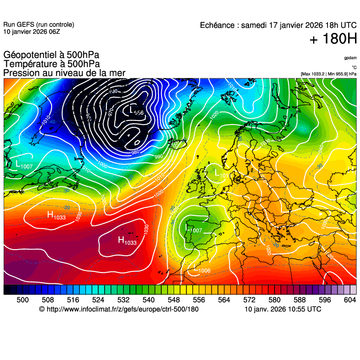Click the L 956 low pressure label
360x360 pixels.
click(x=136, y=111)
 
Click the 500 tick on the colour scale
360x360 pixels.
click(x=22, y=300)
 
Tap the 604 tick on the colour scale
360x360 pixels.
click(x=350, y=300)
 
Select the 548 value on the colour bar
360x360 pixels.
click(x=174, y=300)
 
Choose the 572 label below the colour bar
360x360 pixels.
click(x=249, y=300)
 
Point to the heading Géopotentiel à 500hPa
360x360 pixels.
click(x=51, y=56)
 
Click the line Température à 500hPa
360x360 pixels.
click(x=51, y=64)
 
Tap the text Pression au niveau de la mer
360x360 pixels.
click(x=64, y=73)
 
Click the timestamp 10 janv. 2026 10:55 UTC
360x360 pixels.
click(x=283, y=309)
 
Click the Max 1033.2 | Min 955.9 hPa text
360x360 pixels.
click(x=328, y=73)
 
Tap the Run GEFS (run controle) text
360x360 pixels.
click(x=38, y=25)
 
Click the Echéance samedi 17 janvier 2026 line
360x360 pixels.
click(x=278, y=26)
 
